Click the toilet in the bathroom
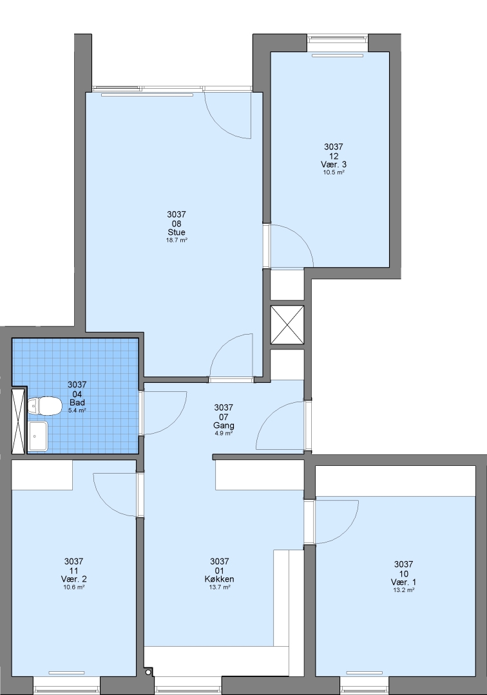(x=44, y=406)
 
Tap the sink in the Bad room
(x=37, y=436)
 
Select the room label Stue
(x=177, y=232)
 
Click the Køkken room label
(x=220, y=579)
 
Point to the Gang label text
(x=224, y=425)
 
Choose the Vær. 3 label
(x=334, y=165)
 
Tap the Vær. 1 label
(x=404, y=582)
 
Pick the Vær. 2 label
(x=73, y=579)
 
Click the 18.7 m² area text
(x=177, y=240)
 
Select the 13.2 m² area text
(x=404, y=590)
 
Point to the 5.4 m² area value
(x=77, y=411)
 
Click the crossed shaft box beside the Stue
(x=287, y=324)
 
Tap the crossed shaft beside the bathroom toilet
(x=19, y=421)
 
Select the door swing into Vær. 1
(x=344, y=530)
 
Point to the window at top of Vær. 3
(x=338, y=39)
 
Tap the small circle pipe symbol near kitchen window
(x=148, y=672)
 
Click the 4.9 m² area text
(x=224, y=433)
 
